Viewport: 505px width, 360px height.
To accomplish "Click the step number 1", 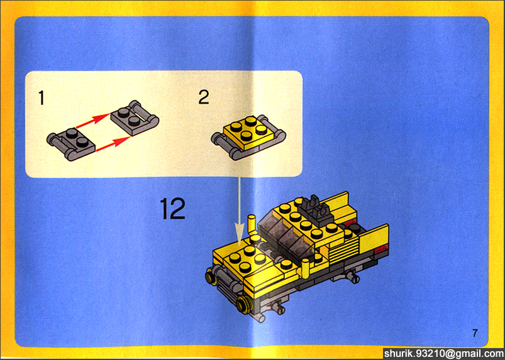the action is [42, 98].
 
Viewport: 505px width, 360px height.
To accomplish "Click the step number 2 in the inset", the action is [204, 97].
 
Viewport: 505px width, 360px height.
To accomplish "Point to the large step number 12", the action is [172, 209].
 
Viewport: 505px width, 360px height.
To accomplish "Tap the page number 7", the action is [475, 333].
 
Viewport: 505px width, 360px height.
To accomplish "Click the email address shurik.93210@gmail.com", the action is [444, 354].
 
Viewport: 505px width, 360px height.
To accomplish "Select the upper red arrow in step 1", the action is [92, 121].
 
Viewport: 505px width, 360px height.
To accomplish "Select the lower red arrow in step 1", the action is [113, 143].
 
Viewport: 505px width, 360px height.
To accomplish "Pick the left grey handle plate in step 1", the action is [71, 143].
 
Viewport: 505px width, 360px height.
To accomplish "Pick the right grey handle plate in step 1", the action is [135, 117].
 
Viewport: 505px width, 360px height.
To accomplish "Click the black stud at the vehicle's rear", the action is [355, 228].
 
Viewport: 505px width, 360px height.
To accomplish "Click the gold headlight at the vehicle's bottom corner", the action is [243, 305].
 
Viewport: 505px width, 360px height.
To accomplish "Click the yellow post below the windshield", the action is [304, 270].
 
